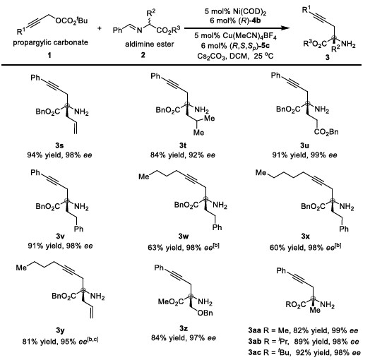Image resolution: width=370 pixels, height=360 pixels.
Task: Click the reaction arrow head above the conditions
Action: click(285, 28)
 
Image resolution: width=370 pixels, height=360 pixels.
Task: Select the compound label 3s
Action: click(59, 145)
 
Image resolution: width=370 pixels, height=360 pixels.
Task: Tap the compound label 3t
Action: click(183, 145)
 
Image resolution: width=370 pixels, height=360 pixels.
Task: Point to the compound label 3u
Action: click(304, 145)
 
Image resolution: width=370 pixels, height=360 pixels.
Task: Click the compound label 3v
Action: click(59, 236)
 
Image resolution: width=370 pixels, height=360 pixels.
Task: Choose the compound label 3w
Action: click(184, 236)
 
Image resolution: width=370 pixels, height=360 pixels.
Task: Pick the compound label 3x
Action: click(305, 236)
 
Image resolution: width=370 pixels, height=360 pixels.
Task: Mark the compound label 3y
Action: click(60, 331)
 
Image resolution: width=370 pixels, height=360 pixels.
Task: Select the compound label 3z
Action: click(184, 328)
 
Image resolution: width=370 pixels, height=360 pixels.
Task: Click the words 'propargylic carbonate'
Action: click(50, 42)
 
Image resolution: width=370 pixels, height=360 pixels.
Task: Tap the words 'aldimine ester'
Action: click(150, 44)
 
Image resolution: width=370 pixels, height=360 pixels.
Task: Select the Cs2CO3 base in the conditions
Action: click(211, 56)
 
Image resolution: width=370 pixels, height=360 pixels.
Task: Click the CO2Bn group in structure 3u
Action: click(326, 132)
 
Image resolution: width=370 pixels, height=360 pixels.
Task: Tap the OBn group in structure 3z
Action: click(205, 313)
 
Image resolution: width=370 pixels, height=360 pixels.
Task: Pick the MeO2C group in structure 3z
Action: click(171, 301)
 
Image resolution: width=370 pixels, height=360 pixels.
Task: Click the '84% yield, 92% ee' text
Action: click(183, 155)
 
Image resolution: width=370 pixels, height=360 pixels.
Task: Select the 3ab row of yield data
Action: click(304, 342)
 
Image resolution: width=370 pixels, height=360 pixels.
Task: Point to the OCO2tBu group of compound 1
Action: click(71, 20)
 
